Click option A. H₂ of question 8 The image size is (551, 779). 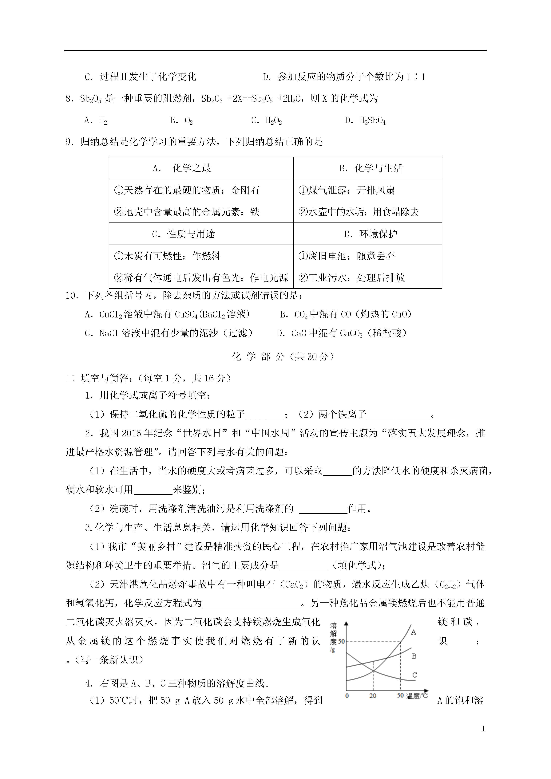click(96, 120)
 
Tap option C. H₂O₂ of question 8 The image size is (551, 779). click(267, 120)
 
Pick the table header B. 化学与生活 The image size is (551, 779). click(371, 168)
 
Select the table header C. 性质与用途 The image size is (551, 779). click(183, 234)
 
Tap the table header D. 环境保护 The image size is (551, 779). click(371, 234)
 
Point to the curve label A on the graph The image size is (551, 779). click(414, 632)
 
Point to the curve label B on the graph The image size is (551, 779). click(414, 656)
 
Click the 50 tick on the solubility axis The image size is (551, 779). click(341, 642)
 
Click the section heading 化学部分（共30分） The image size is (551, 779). click(283, 357)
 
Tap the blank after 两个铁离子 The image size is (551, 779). click(398, 415)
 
